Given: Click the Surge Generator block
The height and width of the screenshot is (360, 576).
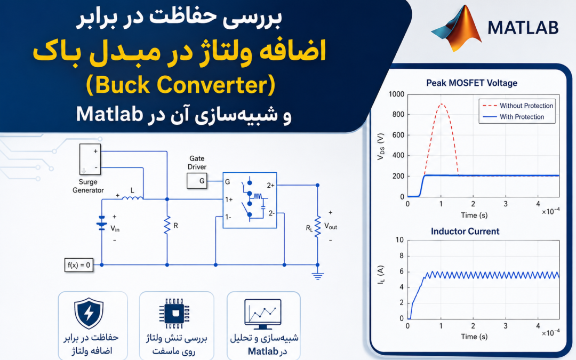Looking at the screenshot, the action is tap(90, 159).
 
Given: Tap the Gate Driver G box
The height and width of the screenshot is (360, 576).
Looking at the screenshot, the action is tap(197, 181).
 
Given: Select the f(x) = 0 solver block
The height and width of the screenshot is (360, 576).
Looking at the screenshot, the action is tap(78, 265).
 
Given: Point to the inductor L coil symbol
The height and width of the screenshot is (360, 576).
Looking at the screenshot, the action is tap(132, 198).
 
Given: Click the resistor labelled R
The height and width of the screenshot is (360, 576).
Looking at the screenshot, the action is tap(167, 225).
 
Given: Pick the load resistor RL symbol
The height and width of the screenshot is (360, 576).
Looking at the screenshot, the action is tap(318, 227).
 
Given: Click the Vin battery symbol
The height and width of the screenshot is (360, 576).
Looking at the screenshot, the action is tap(102, 222).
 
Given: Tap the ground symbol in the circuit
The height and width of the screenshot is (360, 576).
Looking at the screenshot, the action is tap(318, 276).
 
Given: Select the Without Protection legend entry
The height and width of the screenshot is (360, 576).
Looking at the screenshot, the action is tap(517, 106).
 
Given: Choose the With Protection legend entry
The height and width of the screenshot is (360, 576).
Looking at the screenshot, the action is tap(513, 117).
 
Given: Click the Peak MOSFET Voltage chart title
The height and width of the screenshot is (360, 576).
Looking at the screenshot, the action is tap(471, 83).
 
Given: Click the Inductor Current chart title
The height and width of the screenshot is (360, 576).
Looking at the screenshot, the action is tap(465, 231).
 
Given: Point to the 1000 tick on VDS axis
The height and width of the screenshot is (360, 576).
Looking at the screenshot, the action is tap(396, 94).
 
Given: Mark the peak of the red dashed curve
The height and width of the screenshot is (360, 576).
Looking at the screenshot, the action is tap(441, 104).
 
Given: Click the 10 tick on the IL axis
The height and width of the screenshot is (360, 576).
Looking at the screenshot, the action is tap(399, 240).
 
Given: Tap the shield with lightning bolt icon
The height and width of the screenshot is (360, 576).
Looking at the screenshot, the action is tap(89, 314).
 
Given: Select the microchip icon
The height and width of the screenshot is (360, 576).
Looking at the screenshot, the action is tap(174, 314).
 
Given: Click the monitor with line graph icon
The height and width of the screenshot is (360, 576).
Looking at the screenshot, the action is tap(262, 314).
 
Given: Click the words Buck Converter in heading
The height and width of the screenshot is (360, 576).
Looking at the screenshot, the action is tap(181, 85).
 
